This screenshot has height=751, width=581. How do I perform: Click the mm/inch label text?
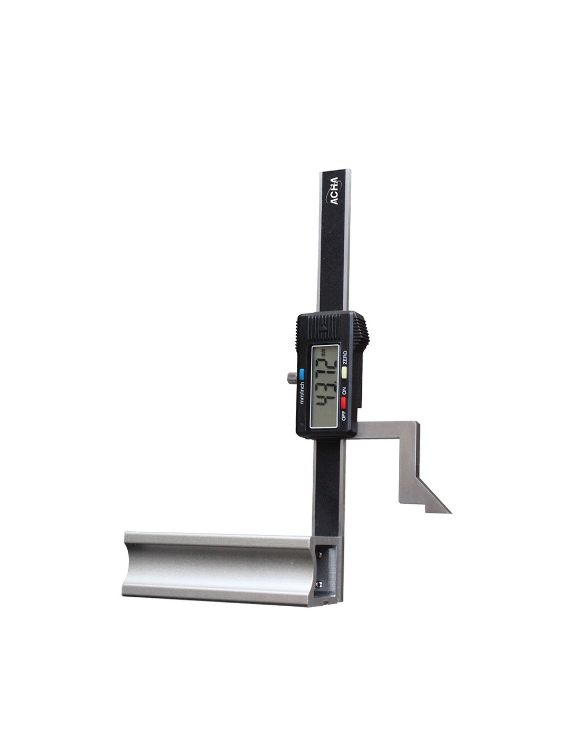click(x=302, y=392)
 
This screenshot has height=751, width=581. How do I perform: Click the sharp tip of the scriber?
click(x=451, y=512)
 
